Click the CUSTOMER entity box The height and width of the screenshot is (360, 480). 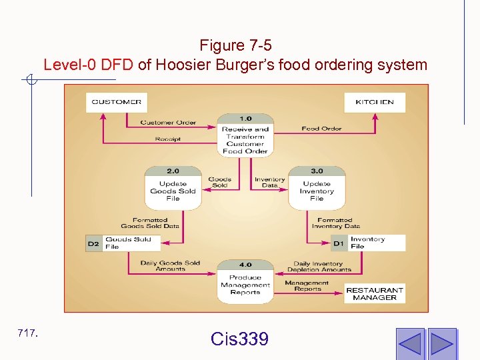tap(117, 102)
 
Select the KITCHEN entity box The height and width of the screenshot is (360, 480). tap(375, 102)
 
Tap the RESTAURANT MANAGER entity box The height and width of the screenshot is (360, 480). tap(375, 294)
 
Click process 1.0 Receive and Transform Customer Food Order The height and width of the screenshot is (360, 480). tap(245, 135)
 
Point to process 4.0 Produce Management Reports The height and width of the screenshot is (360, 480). tap(245, 281)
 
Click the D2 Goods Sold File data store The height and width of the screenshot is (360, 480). tap(118, 243)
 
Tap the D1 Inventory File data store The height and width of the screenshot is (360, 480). tap(368, 243)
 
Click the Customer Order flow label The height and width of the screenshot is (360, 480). tap(168, 123)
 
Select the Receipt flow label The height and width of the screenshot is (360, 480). tap(167, 139)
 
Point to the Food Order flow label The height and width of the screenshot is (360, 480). tap(321, 129)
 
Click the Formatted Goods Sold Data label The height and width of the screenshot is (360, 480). tap(150, 223)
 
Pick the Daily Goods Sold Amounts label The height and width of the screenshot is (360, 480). tap(170, 265)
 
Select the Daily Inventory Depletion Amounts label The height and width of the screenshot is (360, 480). tap(319, 265)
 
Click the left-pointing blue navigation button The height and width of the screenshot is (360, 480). tap(410, 342)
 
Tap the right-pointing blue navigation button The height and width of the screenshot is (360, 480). tap(442, 342)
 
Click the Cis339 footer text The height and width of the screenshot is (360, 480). tap(239, 339)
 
